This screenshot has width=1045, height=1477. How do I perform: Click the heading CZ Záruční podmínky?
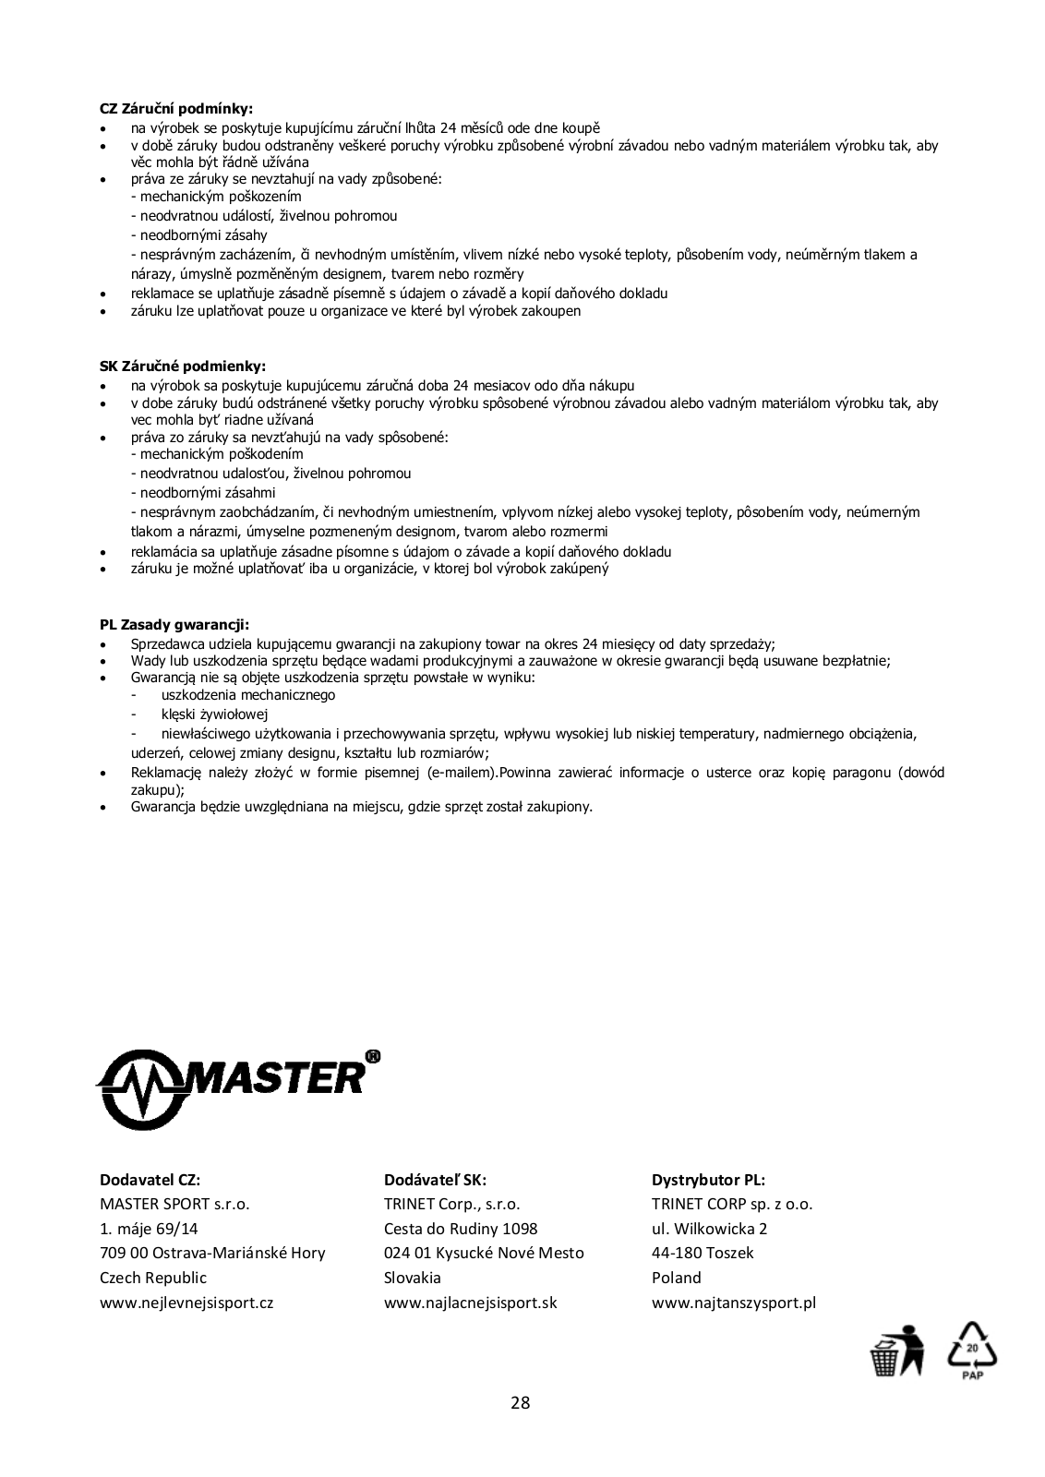(x=175, y=109)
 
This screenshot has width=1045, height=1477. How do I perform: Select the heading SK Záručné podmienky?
(x=183, y=366)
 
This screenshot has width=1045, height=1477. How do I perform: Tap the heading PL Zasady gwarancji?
(x=174, y=624)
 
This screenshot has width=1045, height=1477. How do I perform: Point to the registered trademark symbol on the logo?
(x=372, y=1056)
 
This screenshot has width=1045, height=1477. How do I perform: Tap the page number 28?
(x=521, y=1403)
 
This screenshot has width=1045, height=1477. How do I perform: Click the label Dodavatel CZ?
(x=150, y=1179)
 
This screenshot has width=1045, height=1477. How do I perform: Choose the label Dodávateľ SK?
(x=435, y=1179)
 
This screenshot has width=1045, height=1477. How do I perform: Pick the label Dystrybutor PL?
(x=708, y=1179)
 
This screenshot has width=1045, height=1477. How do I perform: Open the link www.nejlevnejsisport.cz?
(x=186, y=1303)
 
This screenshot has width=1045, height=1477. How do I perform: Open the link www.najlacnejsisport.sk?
(x=470, y=1303)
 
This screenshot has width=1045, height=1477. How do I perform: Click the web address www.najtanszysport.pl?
(x=734, y=1303)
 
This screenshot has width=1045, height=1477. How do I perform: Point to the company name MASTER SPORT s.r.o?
(x=174, y=1204)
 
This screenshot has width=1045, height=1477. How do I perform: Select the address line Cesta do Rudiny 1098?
(x=461, y=1229)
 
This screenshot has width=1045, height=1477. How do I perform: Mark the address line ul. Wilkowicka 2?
(x=709, y=1229)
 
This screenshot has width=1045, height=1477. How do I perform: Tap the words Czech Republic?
(x=153, y=1278)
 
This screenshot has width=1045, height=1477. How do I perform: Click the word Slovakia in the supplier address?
(x=413, y=1278)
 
